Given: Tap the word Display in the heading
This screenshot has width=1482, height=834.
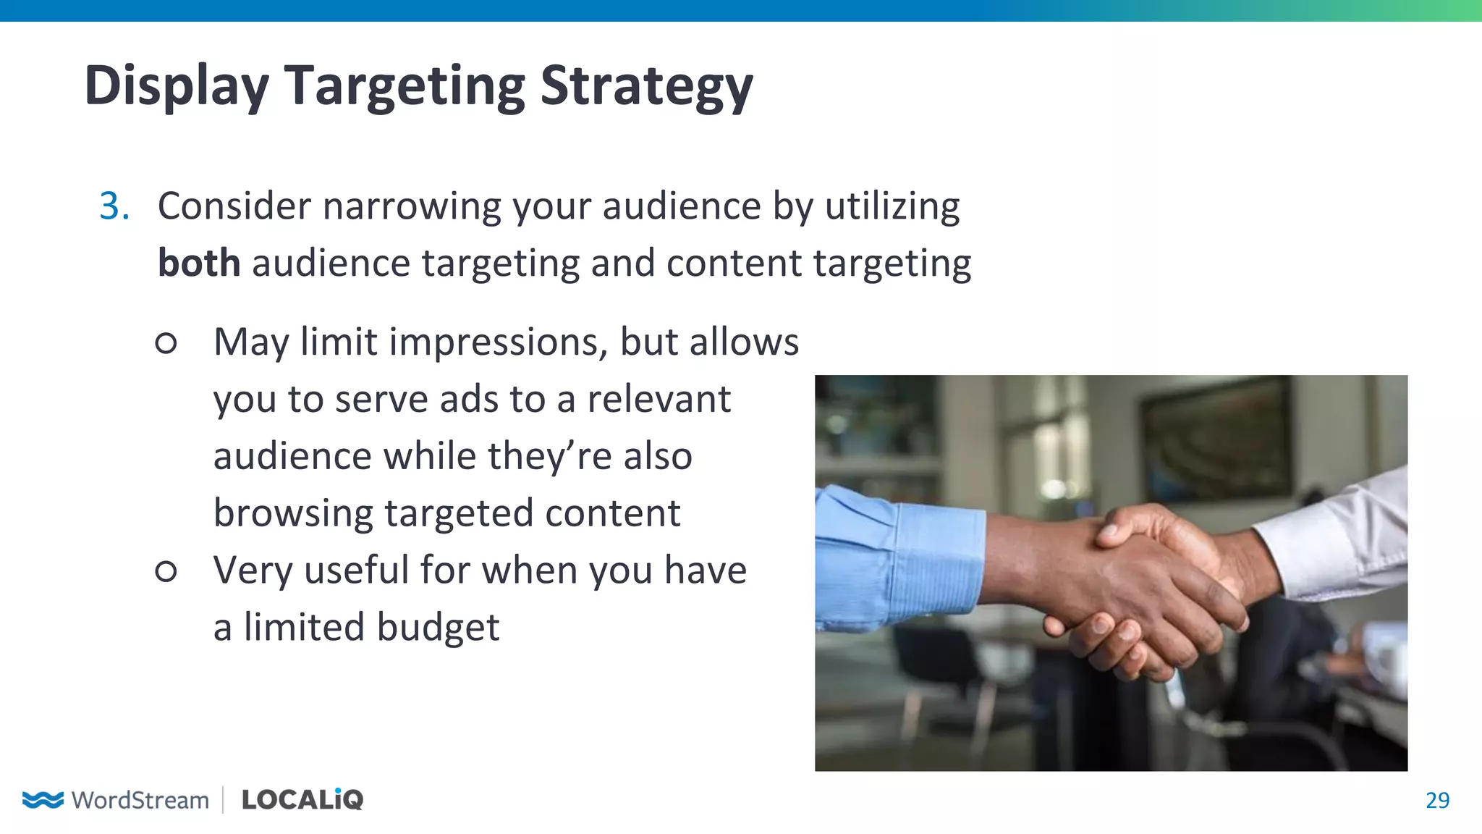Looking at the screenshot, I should (177, 86).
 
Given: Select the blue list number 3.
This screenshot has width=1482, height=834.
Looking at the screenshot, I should (114, 206).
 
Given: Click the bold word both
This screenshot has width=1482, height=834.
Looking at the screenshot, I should (199, 263).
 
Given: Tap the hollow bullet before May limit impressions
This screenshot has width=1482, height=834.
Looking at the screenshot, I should (166, 342).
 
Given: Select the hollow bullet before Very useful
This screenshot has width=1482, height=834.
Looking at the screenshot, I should (166, 571).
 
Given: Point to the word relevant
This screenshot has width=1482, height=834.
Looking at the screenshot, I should (659, 399).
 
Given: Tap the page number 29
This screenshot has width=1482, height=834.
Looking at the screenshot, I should (1437, 800).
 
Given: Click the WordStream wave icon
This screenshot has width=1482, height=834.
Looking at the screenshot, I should (43, 799).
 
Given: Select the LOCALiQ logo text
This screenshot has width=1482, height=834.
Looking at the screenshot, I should (302, 799).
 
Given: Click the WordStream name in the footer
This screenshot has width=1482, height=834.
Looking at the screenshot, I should (140, 800).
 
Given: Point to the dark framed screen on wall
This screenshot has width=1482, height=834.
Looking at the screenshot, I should (1216, 442).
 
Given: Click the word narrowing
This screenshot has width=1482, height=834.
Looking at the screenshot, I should (411, 206).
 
